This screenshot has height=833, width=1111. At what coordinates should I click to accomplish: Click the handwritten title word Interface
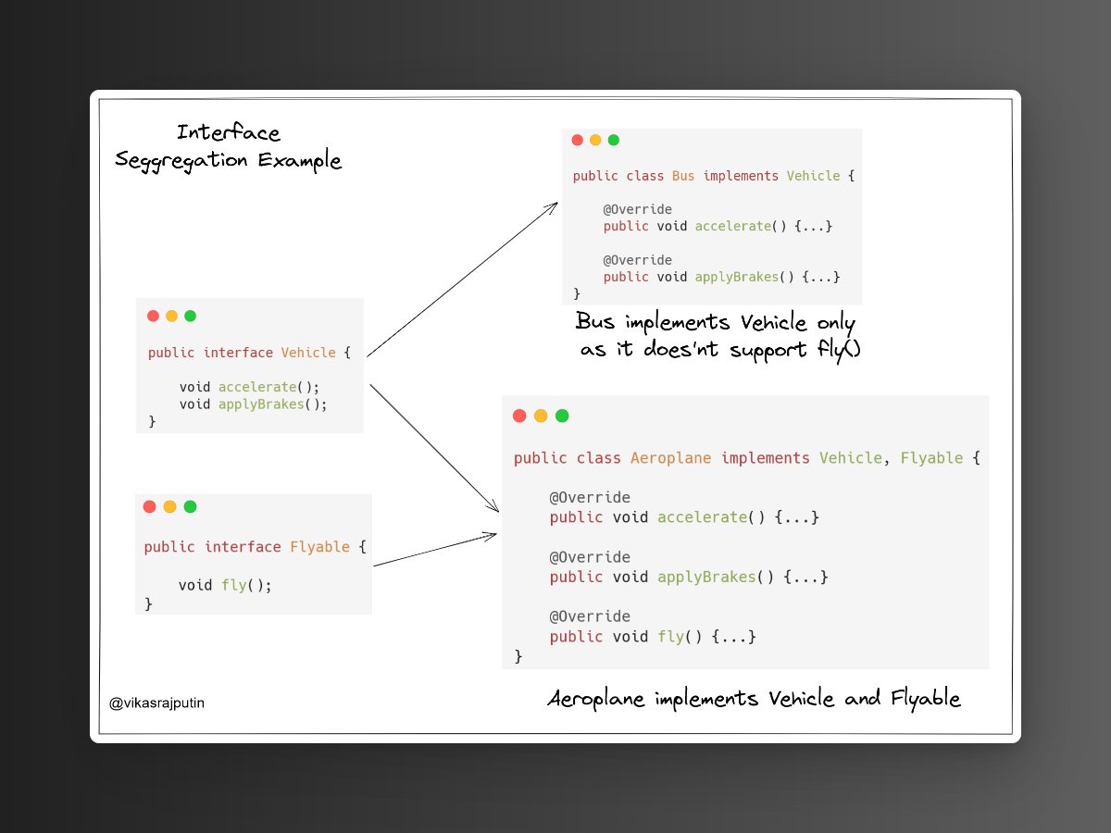[229, 133]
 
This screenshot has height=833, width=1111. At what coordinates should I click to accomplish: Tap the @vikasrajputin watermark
[156, 703]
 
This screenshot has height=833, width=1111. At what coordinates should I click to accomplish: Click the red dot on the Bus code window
[577, 141]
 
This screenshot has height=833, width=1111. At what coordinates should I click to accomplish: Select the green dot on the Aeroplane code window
[562, 416]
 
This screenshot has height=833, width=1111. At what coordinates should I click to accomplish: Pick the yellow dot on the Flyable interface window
[169, 506]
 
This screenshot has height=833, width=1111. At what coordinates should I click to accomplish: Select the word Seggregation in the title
[182, 161]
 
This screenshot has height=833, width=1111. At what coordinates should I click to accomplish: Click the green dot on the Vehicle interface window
[190, 316]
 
